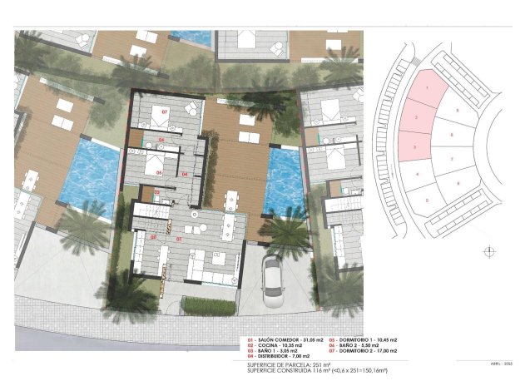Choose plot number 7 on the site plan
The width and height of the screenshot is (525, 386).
(451, 158)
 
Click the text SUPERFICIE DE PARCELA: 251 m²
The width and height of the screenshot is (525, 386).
(289, 365)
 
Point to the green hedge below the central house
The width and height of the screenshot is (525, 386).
(209, 306)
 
